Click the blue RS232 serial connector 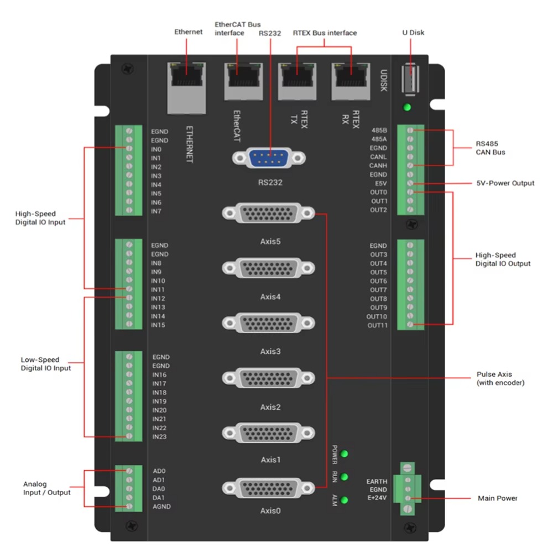pyautogui.click(x=269, y=158)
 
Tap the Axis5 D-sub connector pyautogui.click(x=269, y=213)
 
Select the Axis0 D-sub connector pyautogui.click(x=269, y=488)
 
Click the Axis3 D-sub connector pyautogui.click(x=269, y=324)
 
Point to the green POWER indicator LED pyautogui.click(x=345, y=454)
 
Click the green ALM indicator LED pyautogui.click(x=345, y=500)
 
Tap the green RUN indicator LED pyautogui.click(x=345, y=477)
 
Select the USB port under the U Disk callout pyautogui.click(x=408, y=78)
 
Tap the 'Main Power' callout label pyautogui.click(x=497, y=498)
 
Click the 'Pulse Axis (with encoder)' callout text pyautogui.click(x=500, y=378)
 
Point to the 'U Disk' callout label pyautogui.click(x=413, y=33)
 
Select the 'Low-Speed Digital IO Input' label pyautogui.click(x=46, y=364)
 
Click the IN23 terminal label pyautogui.click(x=159, y=437)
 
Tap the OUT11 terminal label pyautogui.click(x=378, y=325)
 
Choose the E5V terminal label pyautogui.click(x=380, y=184)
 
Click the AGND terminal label pyautogui.click(x=161, y=507)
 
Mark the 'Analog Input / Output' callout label pyautogui.click(x=46, y=488)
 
